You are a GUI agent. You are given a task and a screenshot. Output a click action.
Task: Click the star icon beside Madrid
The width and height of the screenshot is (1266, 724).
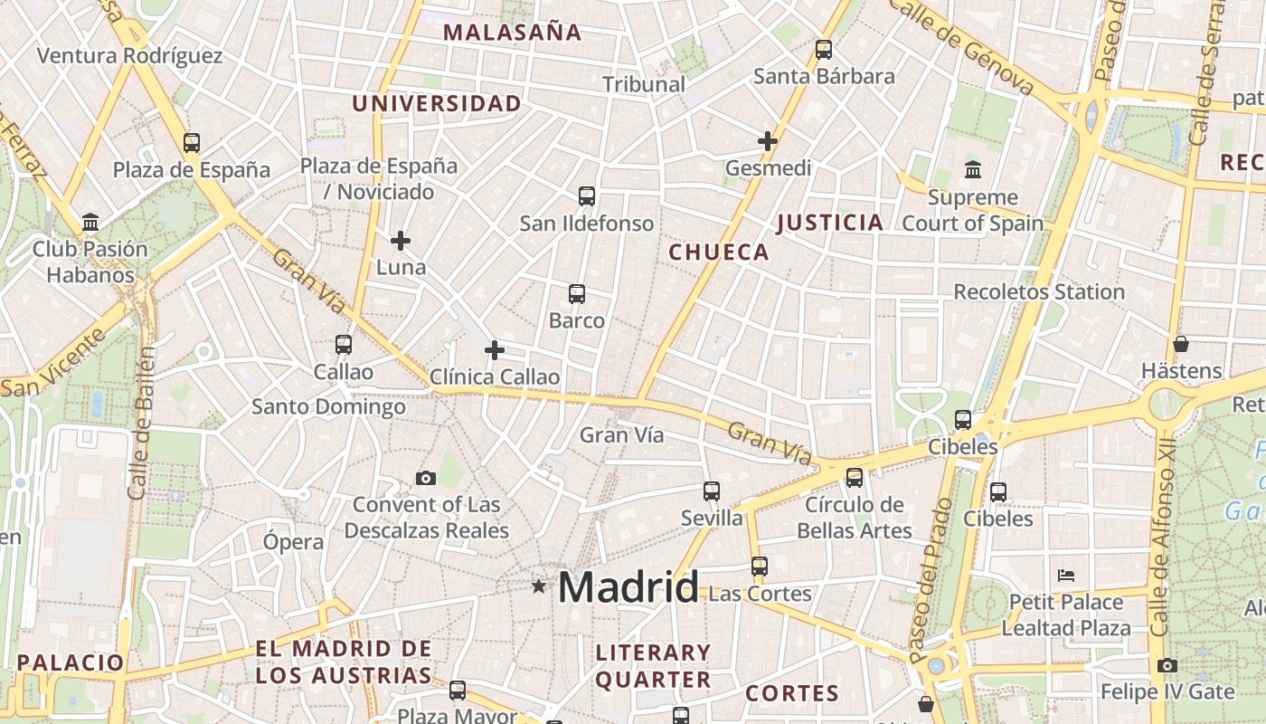(x=539, y=586)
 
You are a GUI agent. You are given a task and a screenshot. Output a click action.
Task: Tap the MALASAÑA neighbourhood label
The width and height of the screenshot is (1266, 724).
(x=512, y=33)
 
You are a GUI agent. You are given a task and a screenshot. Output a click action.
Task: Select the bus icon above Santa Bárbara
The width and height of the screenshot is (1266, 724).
(x=823, y=50)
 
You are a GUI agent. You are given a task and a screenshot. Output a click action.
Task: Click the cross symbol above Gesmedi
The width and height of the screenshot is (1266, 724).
(x=767, y=141)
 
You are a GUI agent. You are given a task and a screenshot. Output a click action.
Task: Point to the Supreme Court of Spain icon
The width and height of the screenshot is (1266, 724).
(x=973, y=169)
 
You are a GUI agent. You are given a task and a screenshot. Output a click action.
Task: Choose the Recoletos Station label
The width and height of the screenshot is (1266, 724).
(x=1039, y=292)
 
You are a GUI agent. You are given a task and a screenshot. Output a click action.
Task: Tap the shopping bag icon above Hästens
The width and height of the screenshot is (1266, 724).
(x=1180, y=344)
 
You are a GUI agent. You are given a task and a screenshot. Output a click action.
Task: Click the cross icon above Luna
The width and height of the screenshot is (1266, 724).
(x=400, y=241)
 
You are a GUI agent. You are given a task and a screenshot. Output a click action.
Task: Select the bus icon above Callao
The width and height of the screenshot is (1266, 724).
(x=343, y=345)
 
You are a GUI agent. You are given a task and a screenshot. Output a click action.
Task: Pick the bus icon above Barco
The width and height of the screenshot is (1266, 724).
(x=576, y=294)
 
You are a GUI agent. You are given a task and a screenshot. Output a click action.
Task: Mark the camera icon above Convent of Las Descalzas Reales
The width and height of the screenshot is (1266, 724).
(x=425, y=478)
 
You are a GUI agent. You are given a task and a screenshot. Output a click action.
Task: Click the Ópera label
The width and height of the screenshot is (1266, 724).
(x=293, y=542)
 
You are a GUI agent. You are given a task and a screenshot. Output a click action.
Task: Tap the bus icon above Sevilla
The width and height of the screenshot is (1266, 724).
(x=712, y=491)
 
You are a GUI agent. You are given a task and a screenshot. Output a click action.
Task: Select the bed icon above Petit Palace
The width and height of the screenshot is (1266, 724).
(x=1066, y=576)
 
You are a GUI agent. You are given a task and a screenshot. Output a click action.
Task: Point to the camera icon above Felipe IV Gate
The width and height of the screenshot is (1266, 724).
(x=1167, y=666)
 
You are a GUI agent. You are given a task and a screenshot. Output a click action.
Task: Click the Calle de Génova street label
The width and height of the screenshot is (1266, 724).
(x=960, y=45)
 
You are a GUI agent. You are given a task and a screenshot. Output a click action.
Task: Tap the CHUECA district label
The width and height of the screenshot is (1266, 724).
(x=719, y=252)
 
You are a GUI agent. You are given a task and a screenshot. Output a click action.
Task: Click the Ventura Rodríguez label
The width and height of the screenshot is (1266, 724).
(x=129, y=56)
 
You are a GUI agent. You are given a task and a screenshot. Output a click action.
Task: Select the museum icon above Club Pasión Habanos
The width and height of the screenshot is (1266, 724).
(x=90, y=222)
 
